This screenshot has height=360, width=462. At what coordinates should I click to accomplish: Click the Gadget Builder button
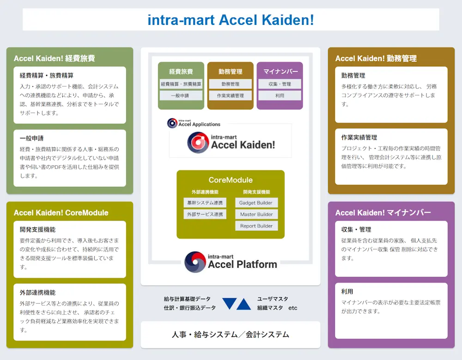click(x=256, y=203)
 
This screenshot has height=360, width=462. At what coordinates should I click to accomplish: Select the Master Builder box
click(x=256, y=214)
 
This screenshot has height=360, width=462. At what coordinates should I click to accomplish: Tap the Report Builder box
click(x=256, y=226)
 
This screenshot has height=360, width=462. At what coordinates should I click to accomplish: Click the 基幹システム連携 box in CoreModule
click(x=205, y=203)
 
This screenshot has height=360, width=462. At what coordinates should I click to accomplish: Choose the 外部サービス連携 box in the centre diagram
click(x=205, y=214)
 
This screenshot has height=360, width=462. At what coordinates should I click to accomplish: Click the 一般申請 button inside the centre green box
click(x=181, y=96)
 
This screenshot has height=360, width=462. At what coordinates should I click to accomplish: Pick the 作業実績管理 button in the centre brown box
click(x=230, y=96)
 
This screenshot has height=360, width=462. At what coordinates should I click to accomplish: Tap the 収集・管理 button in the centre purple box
click(x=280, y=84)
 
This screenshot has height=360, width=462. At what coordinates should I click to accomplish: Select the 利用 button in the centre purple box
click(x=280, y=96)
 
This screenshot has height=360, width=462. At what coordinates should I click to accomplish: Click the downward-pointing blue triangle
click(x=229, y=303)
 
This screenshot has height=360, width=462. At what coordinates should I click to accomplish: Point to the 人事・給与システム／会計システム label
click(x=230, y=335)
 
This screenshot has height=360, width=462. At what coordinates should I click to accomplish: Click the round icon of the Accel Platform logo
click(x=195, y=262)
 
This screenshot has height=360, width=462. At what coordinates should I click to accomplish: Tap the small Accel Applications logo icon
click(x=172, y=123)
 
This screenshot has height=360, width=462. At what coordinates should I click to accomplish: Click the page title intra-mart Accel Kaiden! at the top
click(x=231, y=20)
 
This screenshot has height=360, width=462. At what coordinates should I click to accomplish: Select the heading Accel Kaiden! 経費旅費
click(x=54, y=58)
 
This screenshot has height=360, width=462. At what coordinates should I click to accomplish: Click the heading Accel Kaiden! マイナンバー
click(x=383, y=212)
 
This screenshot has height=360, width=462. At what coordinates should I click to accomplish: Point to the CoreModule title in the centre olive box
click(x=231, y=180)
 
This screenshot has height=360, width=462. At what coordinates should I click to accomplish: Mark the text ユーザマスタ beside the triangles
click(x=273, y=299)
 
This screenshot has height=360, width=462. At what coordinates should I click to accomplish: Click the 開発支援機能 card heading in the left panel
click(x=37, y=229)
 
